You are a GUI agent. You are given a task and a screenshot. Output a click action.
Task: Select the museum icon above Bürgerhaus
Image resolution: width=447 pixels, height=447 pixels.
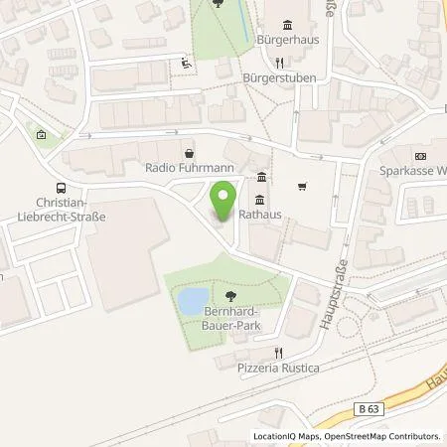(288, 26)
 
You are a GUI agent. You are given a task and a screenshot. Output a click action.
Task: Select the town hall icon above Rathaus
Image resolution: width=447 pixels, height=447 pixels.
(260, 179)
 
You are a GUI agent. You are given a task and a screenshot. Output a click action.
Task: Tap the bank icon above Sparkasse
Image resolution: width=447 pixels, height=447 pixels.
(419, 156)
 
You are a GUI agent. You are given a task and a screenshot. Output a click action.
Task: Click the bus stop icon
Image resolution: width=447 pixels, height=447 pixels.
(63, 188)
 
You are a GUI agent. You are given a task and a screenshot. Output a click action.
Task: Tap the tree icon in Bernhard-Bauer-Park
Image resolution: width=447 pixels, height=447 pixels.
(230, 296)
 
